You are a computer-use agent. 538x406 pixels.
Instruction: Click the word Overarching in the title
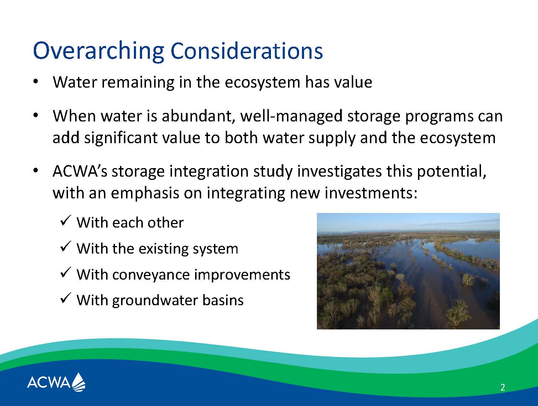coord(98,51)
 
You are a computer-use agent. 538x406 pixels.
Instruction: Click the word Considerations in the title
coord(247,51)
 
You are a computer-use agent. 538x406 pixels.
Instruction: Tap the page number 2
coord(503,387)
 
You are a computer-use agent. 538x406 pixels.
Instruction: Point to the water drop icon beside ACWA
coord(78,382)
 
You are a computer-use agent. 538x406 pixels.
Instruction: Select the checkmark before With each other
coord(66,221)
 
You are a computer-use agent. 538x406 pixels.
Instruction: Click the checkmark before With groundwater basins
coord(66,298)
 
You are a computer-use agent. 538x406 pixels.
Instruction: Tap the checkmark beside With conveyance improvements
coord(66,272)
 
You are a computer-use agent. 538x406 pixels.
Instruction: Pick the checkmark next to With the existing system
coord(66,246)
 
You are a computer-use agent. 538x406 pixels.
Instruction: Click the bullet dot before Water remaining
coord(36,82)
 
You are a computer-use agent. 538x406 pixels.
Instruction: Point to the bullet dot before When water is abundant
coord(36,115)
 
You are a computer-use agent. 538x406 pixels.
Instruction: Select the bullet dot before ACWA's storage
coord(36,170)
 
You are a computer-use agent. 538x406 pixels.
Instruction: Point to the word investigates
coord(339,172)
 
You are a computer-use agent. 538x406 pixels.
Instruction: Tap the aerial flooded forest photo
coord(408,271)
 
